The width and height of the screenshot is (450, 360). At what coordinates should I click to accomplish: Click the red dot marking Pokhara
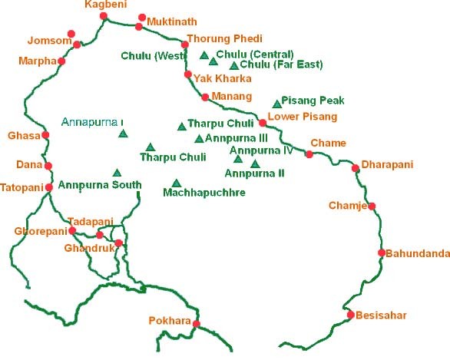(197, 324)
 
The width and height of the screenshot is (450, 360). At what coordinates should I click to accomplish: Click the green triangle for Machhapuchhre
(177, 183)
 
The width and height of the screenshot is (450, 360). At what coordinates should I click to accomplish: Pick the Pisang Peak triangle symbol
(277, 104)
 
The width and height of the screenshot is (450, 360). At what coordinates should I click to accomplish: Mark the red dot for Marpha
(61, 61)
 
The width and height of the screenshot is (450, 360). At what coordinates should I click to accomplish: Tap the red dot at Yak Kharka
(188, 74)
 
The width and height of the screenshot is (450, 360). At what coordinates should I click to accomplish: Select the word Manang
(234, 97)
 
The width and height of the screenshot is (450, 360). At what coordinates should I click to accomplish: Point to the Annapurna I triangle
(123, 134)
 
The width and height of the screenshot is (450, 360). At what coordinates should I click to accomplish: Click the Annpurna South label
(99, 184)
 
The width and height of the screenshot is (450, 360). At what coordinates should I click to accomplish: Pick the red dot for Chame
(309, 154)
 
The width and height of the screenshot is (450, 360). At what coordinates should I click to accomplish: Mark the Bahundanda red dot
(382, 253)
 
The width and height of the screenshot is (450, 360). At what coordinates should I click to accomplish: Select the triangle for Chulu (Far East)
(234, 66)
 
